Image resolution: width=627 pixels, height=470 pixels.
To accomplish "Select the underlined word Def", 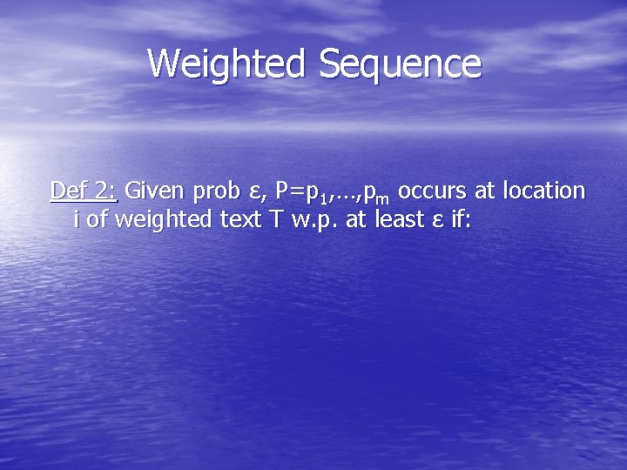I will coord(67,190).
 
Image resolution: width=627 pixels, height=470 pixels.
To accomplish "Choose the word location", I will coord(544,190).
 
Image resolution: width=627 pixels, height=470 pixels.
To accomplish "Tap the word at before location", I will coord(485,191).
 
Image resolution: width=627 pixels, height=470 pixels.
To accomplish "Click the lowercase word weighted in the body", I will coord(160,219).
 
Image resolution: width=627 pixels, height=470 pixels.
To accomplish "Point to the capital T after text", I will coord(275,218).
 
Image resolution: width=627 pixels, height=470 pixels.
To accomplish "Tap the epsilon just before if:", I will coord(437,220).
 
